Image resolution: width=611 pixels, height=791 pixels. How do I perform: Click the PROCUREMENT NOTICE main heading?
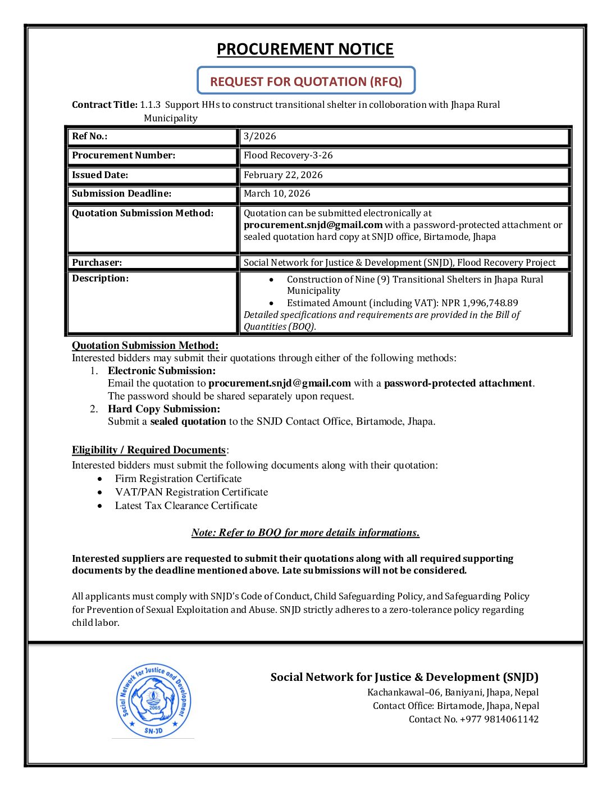pyautogui.click(x=305, y=49)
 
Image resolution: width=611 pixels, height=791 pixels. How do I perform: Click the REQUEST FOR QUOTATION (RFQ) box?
pyautogui.click(x=306, y=81)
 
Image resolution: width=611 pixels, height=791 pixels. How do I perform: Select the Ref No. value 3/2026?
pyautogui.click(x=260, y=137)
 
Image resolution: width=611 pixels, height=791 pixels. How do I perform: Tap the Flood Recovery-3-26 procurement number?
pyautogui.click(x=288, y=156)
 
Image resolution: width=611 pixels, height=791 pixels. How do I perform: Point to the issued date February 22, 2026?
pyautogui.click(x=283, y=175)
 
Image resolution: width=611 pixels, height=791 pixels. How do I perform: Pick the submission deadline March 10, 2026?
pyautogui.click(x=277, y=194)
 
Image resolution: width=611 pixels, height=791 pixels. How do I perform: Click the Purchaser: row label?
pyautogui.click(x=97, y=262)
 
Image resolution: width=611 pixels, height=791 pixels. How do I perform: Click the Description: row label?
pyautogui.click(x=100, y=279)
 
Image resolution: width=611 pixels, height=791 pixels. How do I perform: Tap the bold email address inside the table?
pyautogui.click(x=313, y=225)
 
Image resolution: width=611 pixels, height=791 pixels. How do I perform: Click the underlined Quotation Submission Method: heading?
pyautogui.click(x=145, y=346)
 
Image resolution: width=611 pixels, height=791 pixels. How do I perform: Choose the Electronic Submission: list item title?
pyautogui.click(x=162, y=371)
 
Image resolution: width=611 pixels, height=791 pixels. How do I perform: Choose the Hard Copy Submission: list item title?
pyautogui.click(x=164, y=409)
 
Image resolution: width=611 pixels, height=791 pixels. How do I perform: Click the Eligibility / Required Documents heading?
pyautogui.click(x=149, y=450)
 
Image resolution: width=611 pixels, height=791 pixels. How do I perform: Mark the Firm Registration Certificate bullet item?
pyautogui.click(x=178, y=479)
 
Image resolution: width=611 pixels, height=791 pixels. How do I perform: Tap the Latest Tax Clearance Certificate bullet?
pyautogui.click(x=186, y=506)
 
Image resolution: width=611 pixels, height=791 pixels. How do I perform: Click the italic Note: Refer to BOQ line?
pyautogui.click(x=305, y=533)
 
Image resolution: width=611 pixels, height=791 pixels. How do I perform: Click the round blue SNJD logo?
pyautogui.click(x=153, y=700)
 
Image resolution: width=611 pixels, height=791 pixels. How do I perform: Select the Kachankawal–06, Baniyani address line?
pyautogui.click(x=453, y=693)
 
